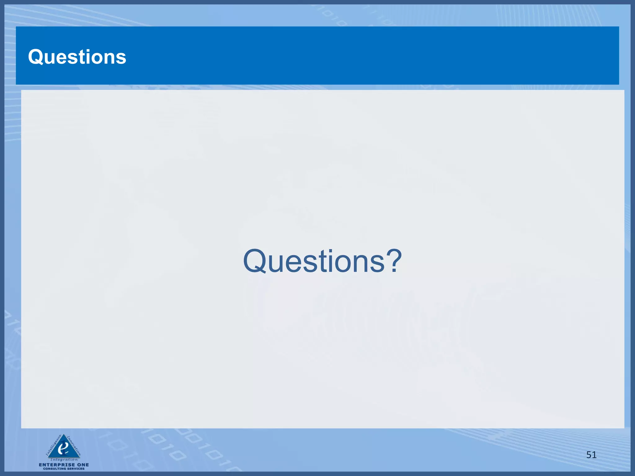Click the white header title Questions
[x=77, y=57]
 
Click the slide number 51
[x=591, y=455]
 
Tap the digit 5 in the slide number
[x=589, y=455]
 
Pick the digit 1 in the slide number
[x=594, y=455]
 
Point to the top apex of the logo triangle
[x=64, y=434]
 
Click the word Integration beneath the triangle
[x=64, y=460]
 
